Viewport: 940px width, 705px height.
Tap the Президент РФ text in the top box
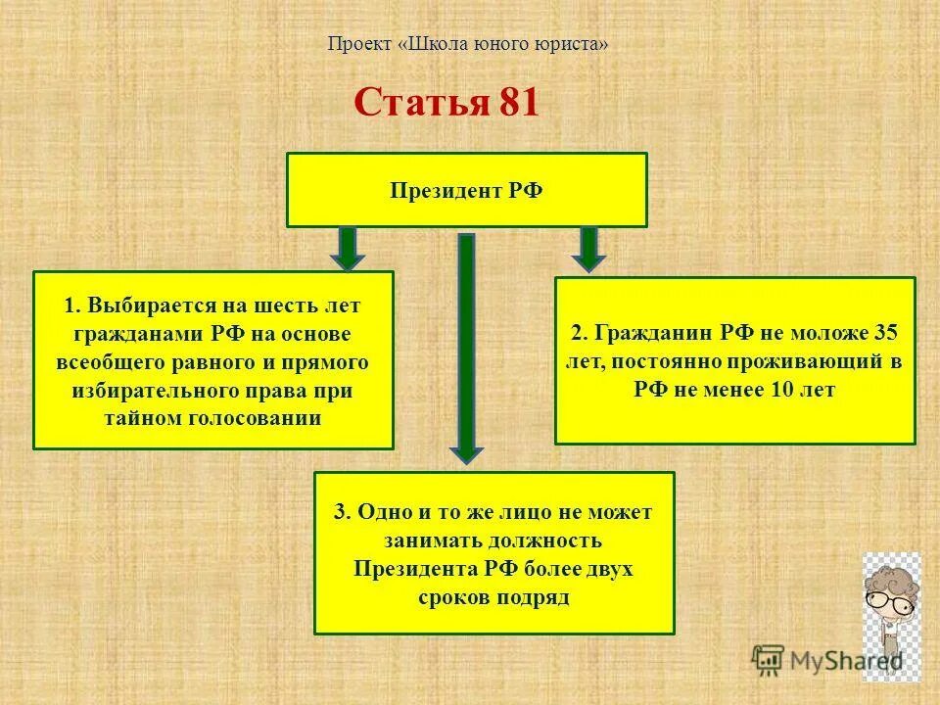(x=466, y=190)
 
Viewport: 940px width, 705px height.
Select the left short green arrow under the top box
(x=348, y=248)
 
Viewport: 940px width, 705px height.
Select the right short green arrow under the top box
(x=588, y=248)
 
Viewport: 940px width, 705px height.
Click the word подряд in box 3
(x=533, y=595)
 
